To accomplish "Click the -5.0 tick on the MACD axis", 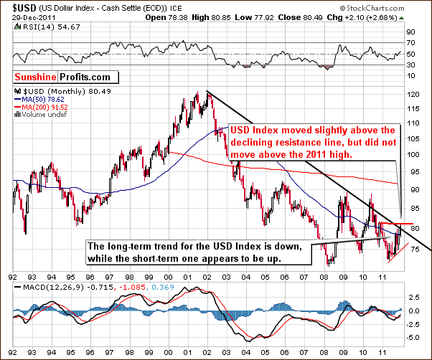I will pos(413,337).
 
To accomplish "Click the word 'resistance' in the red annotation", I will pos(309,143).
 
